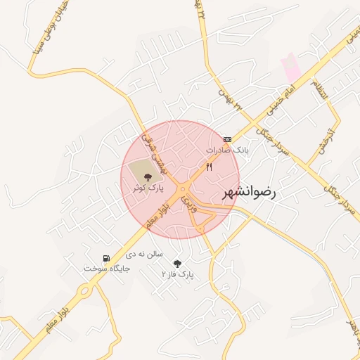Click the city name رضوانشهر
(x=250, y=191)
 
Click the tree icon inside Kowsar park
(x=146, y=176)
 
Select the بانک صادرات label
(x=227, y=150)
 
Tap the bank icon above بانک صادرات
(x=226, y=139)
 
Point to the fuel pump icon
(x=106, y=258)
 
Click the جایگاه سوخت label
(x=98, y=269)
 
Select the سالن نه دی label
(x=146, y=253)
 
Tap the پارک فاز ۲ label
(x=177, y=273)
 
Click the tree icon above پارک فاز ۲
(x=176, y=263)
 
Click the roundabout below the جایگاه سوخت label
(x=85, y=290)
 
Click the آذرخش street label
(x=325, y=138)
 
